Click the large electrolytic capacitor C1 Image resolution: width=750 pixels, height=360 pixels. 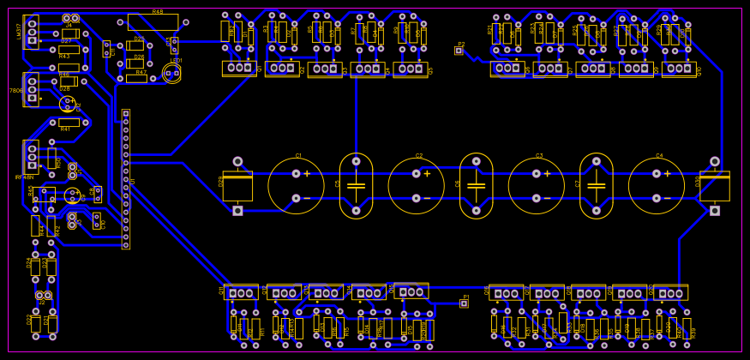tap(296, 185)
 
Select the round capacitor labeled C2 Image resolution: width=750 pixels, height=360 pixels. tap(416, 185)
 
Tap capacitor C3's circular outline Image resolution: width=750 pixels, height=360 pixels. tap(536, 185)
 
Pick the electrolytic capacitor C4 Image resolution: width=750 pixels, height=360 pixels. tap(656, 185)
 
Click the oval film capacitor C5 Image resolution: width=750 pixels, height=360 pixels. tap(356, 185)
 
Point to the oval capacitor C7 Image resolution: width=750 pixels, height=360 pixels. tap(596, 185)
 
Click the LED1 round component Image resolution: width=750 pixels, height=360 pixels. tap(171, 73)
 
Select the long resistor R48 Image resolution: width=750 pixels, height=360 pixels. tap(153, 21)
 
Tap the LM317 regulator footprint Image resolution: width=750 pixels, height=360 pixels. tap(32, 32)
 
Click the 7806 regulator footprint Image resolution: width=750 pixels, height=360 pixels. tap(32, 89)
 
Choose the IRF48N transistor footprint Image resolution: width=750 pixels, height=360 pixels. tap(32, 157)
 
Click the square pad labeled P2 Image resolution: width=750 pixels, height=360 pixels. tap(459, 51)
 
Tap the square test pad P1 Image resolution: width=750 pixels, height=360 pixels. tap(464, 303)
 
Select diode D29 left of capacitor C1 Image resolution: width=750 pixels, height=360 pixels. tap(237, 185)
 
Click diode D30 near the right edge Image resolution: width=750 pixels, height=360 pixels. tap(714, 185)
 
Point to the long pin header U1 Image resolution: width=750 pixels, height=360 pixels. tap(125, 178)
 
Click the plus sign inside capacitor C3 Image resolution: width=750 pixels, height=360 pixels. tap(547, 173)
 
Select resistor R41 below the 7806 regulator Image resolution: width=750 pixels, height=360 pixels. tap(69, 123)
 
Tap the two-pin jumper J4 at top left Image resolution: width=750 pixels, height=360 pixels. tap(70, 18)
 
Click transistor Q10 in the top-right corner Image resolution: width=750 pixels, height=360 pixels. tap(679, 69)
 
